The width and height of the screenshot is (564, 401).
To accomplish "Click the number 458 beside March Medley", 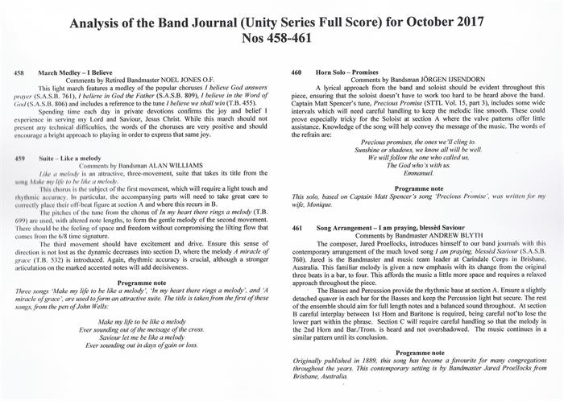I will pyautogui.click(x=20, y=73).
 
